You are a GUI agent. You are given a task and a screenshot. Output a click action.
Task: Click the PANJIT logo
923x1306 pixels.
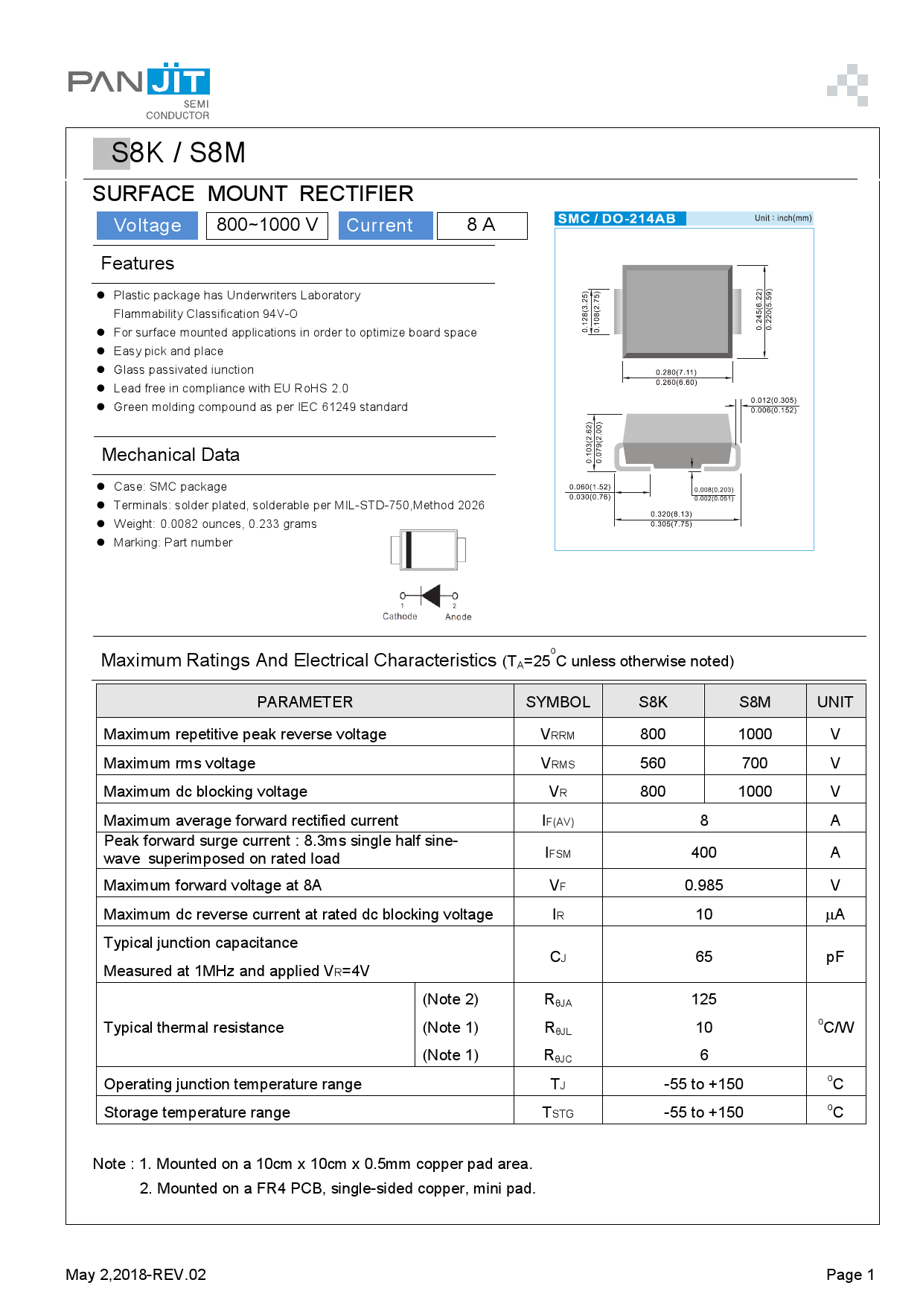click(x=139, y=82)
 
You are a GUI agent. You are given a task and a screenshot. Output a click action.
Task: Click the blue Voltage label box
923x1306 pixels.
click(x=147, y=226)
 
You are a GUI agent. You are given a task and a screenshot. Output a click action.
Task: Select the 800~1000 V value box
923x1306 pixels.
click(x=267, y=225)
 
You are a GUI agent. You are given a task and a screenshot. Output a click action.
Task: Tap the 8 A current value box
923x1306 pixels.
click(x=481, y=225)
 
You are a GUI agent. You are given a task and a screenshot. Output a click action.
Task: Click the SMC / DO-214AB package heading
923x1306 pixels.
click(x=617, y=219)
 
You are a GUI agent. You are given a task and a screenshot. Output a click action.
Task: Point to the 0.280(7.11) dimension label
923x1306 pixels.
click(x=676, y=372)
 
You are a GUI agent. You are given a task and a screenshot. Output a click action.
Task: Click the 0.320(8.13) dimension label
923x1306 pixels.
click(x=671, y=514)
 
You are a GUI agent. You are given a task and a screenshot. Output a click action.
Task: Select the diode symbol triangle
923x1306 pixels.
click(x=431, y=596)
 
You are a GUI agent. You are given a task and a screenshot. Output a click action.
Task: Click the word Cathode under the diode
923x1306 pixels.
click(x=400, y=617)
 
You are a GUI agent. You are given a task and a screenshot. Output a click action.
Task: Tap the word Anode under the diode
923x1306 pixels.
click(x=459, y=617)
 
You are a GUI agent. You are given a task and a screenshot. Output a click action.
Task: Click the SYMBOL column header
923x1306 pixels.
click(x=558, y=702)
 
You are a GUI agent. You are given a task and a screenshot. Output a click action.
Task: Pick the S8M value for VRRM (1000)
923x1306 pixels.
click(x=755, y=734)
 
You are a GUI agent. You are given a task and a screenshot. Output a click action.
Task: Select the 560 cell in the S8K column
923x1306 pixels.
click(x=653, y=763)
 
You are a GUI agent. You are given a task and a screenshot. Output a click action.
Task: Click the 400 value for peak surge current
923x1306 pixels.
click(x=703, y=853)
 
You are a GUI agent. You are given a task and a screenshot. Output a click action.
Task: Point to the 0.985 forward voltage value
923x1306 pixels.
click(x=703, y=885)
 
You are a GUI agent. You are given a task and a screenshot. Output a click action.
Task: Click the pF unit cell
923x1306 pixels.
click(x=834, y=957)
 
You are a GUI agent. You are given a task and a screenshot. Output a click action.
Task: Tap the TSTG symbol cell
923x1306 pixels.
click(x=558, y=1112)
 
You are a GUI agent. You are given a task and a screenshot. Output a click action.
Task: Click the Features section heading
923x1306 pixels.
click(x=138, y=264)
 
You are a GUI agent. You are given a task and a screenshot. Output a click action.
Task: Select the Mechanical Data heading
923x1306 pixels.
click(x=170, y=455)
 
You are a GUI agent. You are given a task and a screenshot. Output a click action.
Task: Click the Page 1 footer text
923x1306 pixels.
click(x=850, y=1275)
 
